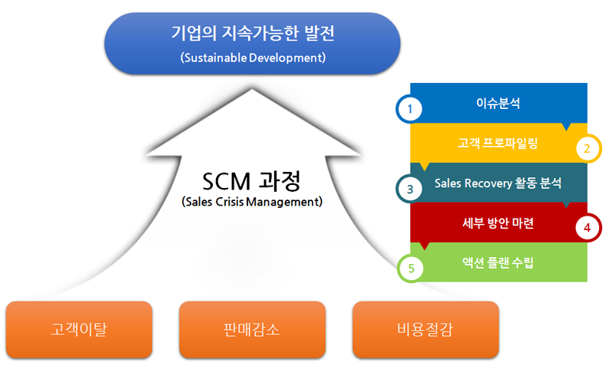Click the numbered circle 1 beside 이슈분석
(x=410, y=108)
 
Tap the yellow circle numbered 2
(x=587, y=148)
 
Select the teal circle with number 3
(x=410, y=188)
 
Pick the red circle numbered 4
(x=587, y=228)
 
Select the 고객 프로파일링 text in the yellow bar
(x=498, y=143)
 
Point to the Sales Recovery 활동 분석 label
(x=498, y=183)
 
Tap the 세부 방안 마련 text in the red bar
(x=498, y=223)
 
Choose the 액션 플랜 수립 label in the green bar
(x=498, y=263)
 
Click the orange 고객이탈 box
(x=78, y=331)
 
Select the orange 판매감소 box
(x=252, y=331)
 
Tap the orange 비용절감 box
(x=426, y=331)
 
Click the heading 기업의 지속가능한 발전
(x=252, y=35)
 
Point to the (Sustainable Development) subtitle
(x=252, y=58)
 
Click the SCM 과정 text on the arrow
(x=251, y=182)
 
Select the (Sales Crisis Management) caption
(x=251, y=203)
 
